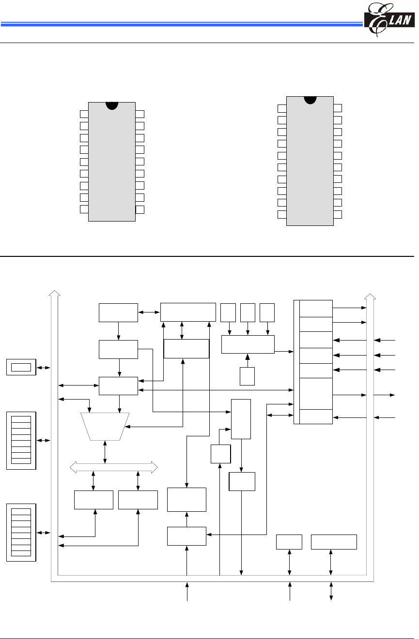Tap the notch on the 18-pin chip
click(112, 105)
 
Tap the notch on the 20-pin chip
click(310, 99)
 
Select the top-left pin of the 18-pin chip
click(84, 114)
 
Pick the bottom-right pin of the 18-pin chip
click(140, 209)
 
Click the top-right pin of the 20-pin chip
click(338, 108)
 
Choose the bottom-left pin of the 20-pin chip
click(281, 214)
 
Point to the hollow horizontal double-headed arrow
click(114, 467)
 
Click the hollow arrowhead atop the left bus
click(54, 293)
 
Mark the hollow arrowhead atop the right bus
click(370, 296)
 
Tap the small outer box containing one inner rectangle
click(21, 367)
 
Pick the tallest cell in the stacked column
click(316, 394)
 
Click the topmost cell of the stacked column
click(316, 308)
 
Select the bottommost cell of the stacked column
click(316, 416)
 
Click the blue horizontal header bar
click(179, 23)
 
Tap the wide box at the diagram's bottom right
click(334, 542)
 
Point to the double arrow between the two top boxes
click(149, 312)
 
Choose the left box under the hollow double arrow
click(93, 500)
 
